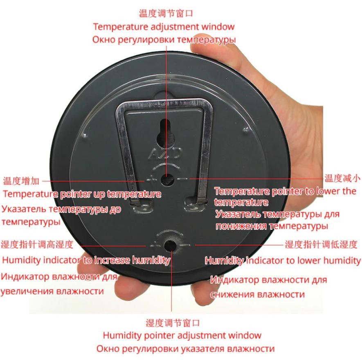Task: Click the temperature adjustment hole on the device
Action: pos(168,179)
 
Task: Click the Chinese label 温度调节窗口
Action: pos(166,13)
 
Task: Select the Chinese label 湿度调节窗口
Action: pos(173,323)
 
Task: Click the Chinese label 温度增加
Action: pos(21,181)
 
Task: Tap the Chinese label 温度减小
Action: pos(342,178)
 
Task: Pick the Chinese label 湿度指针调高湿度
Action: pos(37,245)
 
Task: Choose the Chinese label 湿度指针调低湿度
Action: pos(321,245)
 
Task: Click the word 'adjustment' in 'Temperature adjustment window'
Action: pos(175,27)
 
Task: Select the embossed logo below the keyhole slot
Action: pos(165,154)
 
